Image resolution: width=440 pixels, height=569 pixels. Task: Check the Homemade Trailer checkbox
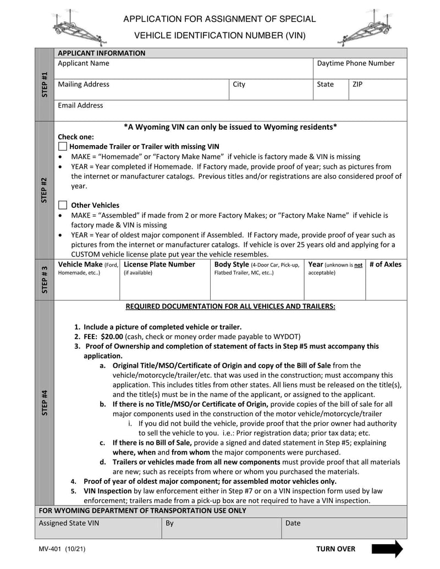coord(63,147)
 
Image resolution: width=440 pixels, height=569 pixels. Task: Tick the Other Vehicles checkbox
coord(63,205)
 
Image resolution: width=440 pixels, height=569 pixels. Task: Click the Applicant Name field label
coord(84,63)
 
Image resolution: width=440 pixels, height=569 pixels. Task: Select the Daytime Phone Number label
coord(356,63)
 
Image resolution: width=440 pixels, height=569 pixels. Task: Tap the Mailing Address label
coord(84,84)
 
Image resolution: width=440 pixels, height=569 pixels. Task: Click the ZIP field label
coord(358,84)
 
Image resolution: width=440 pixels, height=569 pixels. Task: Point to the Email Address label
coord(80,105)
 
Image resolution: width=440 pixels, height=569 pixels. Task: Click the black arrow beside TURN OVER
coord(387,549)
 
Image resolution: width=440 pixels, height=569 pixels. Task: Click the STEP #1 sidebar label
coord(45,84)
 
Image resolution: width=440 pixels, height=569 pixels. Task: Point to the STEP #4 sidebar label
coord(45,402)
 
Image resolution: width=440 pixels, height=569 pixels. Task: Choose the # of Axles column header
coord(385,264)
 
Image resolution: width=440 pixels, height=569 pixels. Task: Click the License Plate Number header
coord(159,264)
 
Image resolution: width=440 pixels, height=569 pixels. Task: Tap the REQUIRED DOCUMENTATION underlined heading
coord(230,306)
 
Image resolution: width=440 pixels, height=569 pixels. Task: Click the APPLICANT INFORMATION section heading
coord(102,53)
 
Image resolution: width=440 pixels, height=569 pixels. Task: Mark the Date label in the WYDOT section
coord(293,523)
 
